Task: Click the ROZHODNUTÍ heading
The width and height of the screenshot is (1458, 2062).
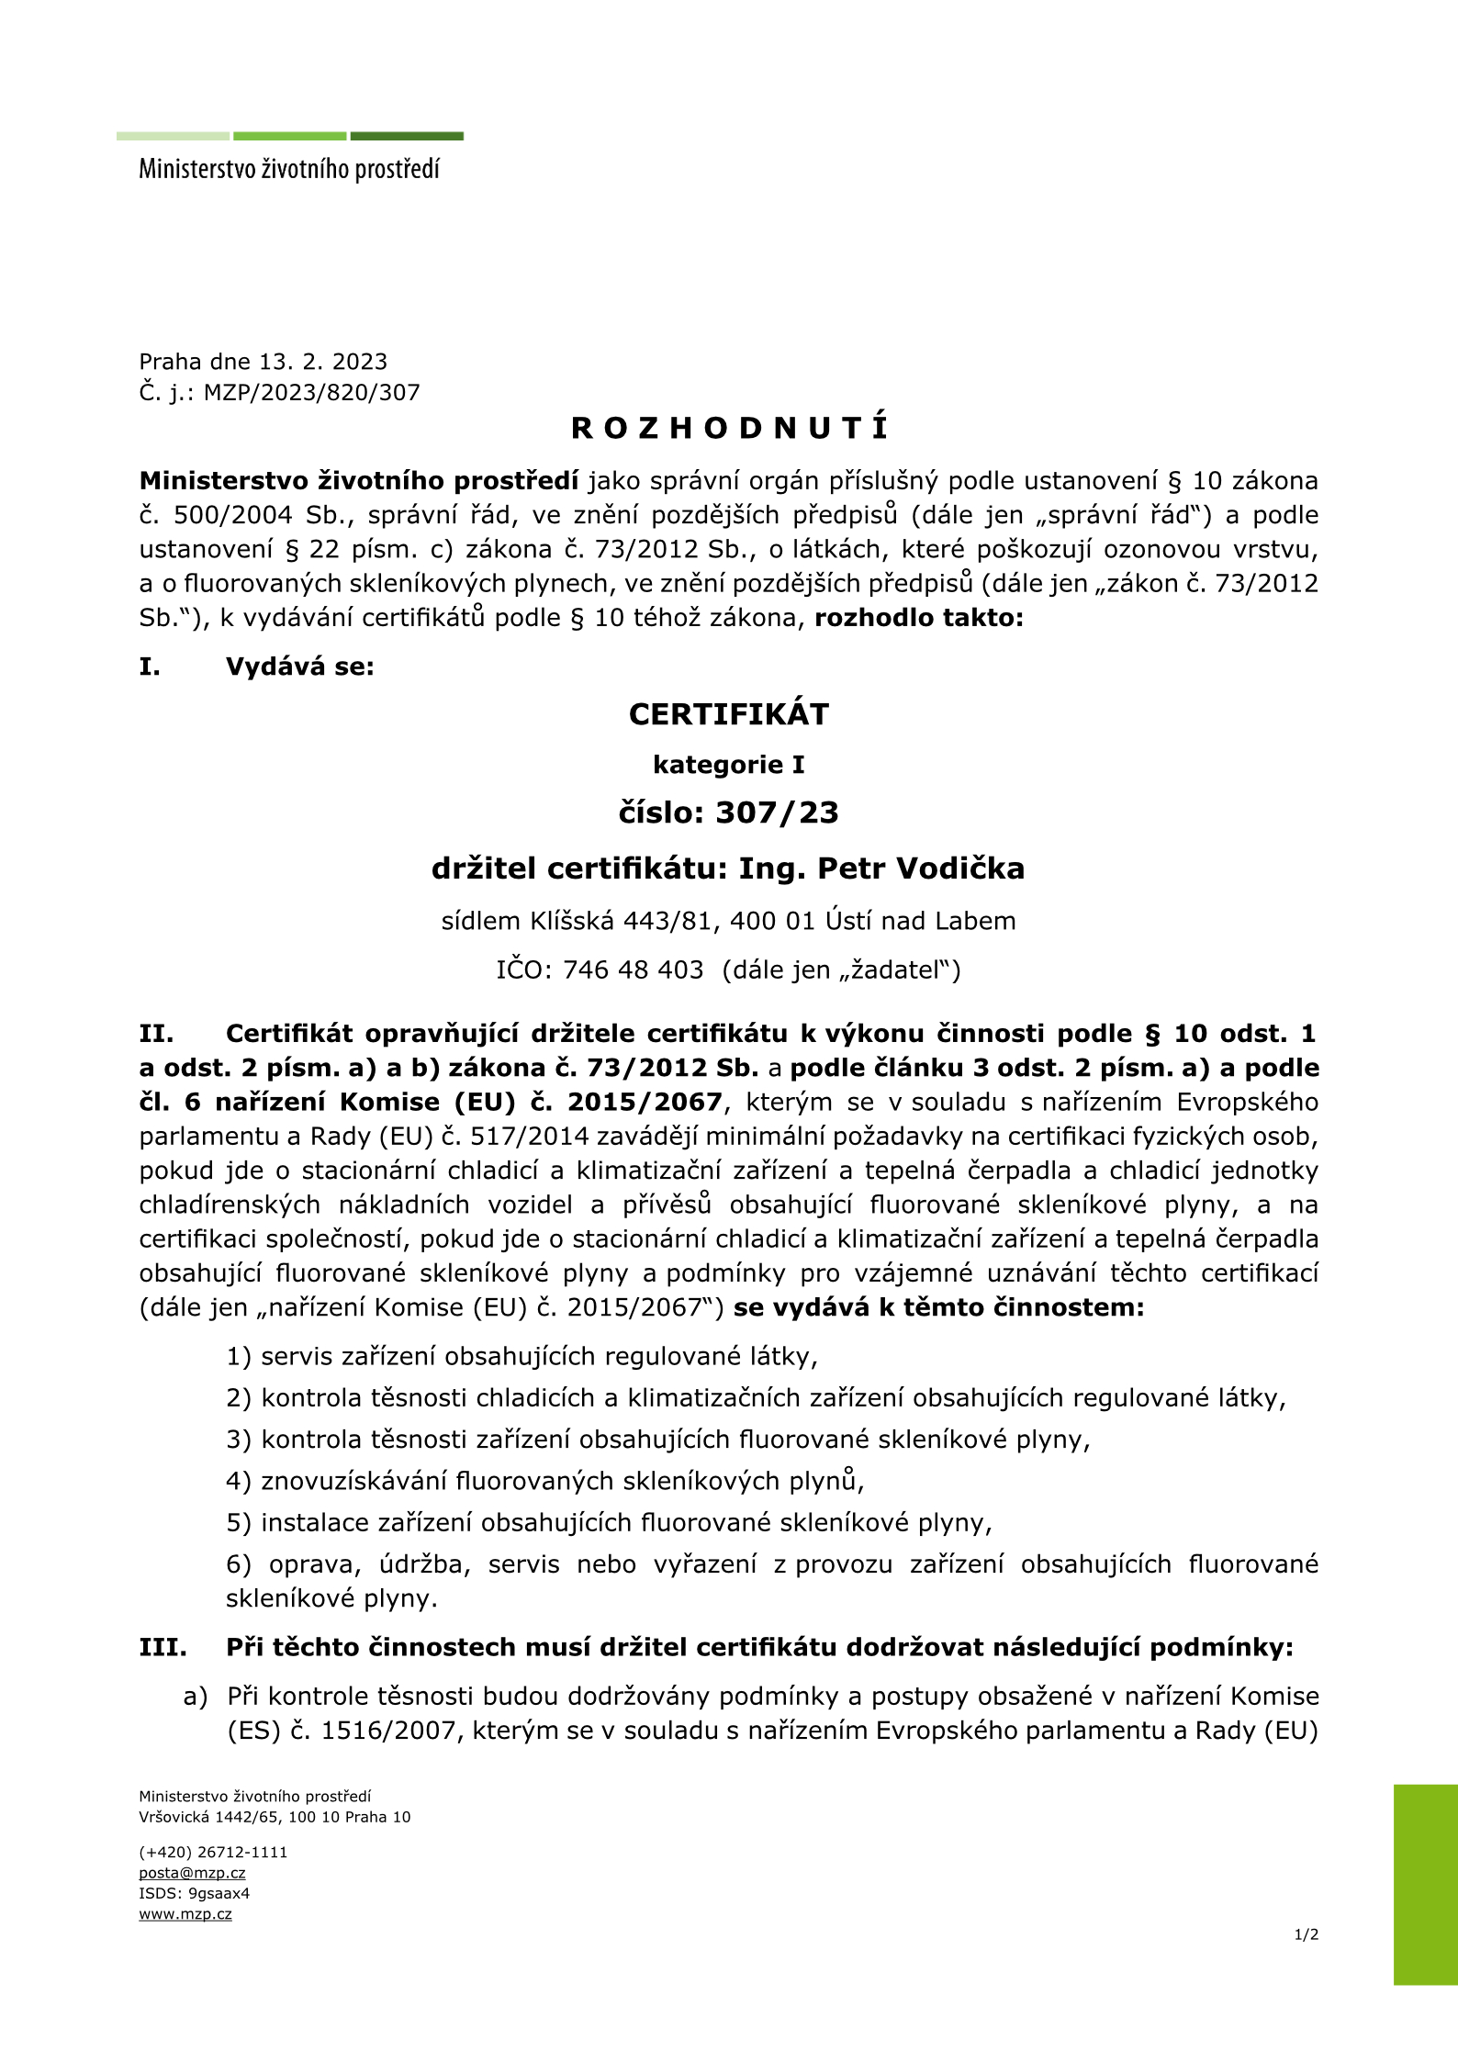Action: click(729, 428)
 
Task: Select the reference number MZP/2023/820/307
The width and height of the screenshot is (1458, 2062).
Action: click(311, 393)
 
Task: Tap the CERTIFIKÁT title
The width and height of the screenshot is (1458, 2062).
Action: click(728, 714)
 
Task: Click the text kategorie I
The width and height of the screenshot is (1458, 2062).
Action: click(728, 764)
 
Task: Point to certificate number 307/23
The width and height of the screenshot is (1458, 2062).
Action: click(777, 812)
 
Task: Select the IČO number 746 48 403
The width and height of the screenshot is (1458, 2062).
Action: click(633, 969)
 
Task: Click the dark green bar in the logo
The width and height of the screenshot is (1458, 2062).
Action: click(407, 136)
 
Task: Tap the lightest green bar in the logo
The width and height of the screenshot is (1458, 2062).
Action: click(173, 136)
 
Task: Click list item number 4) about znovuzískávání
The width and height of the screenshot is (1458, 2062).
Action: click(544, 1481)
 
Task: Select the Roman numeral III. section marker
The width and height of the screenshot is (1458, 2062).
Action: click(163, 1647)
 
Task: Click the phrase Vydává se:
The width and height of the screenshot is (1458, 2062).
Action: click(300, 667)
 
